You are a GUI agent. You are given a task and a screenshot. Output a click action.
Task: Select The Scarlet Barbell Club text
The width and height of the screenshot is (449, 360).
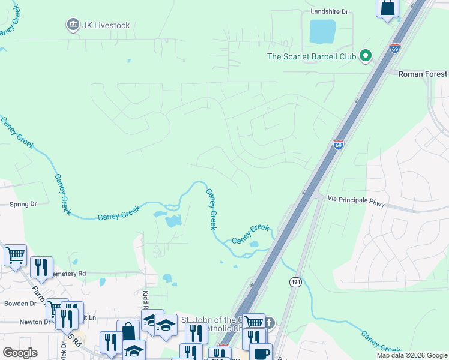[x=312, y=57]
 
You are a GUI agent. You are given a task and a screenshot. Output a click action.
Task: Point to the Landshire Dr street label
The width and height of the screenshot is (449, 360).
[x=329, y=11]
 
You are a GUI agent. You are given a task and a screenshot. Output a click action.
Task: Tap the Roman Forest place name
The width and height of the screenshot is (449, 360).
[x=423, y=74]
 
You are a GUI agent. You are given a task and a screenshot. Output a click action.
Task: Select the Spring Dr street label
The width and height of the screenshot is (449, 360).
[x=23, y=204]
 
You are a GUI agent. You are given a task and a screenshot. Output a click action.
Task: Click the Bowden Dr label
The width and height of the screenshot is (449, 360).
[x=22, y=304]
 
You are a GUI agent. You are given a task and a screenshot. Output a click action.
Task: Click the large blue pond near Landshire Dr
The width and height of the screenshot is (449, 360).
[x=322, y=31]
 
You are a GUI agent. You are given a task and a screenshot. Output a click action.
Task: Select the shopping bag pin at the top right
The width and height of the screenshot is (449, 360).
[x=388, y=8]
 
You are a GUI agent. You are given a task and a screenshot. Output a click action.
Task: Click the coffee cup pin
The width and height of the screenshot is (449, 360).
[x=262, y=353]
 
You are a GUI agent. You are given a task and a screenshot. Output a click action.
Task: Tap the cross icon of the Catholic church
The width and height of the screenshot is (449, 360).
[x=270, y=323]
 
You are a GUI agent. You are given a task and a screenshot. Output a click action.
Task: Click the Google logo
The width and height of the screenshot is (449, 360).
[x=20, y=353]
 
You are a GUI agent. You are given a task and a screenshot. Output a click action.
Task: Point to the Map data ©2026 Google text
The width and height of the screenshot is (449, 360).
[x=412, y=355]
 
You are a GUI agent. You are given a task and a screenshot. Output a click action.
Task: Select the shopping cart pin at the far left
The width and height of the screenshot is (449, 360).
[x=15, y=254]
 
